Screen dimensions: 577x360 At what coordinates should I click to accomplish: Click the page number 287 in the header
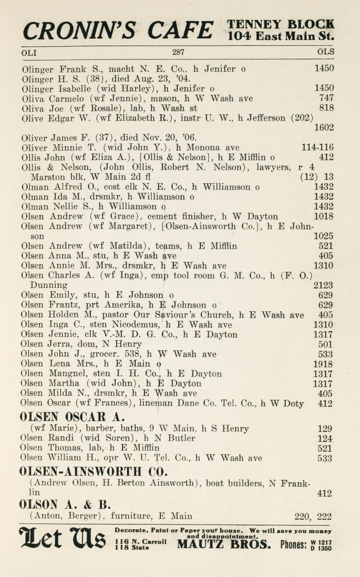click(178, 53)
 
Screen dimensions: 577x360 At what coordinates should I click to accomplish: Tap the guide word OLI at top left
click(29, 53)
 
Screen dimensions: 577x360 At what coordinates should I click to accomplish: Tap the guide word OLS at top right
click(326, 53)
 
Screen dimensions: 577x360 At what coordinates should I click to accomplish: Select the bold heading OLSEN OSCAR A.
click(72, 417)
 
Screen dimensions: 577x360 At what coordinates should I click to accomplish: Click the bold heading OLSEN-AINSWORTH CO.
click(93, 471)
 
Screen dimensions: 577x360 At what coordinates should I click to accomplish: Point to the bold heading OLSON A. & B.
click(64, 504)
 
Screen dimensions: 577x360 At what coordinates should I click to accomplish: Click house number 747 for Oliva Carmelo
click(326, 98)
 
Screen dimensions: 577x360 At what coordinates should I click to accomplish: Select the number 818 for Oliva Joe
click(326, 108)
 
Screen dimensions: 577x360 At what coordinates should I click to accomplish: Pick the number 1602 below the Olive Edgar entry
click(324, 128)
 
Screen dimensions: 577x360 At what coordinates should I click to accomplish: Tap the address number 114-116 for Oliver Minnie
click(317, 147)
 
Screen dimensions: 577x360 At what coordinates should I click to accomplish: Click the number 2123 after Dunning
click(323, 285)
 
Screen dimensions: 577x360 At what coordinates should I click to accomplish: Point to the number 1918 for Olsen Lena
click(323, 364)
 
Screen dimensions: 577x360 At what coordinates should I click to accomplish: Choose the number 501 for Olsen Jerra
click(326, 344)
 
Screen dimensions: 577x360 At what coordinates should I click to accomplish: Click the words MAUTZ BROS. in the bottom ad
click(224, 544)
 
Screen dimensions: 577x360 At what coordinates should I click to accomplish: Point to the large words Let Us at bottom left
click(63, 539)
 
